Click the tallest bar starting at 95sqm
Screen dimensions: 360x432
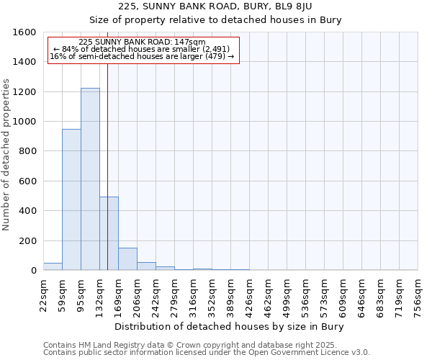(90, 179)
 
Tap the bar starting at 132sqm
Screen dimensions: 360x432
(109, 233)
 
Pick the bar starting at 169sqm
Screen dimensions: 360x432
(127, 259)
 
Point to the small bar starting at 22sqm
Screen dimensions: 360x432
(53, 266)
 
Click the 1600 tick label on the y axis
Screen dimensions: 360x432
(25, 32)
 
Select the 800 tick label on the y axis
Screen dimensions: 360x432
(28, 151)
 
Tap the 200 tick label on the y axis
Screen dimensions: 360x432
(28, 240)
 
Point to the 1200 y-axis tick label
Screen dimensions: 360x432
(25, 92)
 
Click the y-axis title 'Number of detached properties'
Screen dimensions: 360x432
(7, 165)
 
